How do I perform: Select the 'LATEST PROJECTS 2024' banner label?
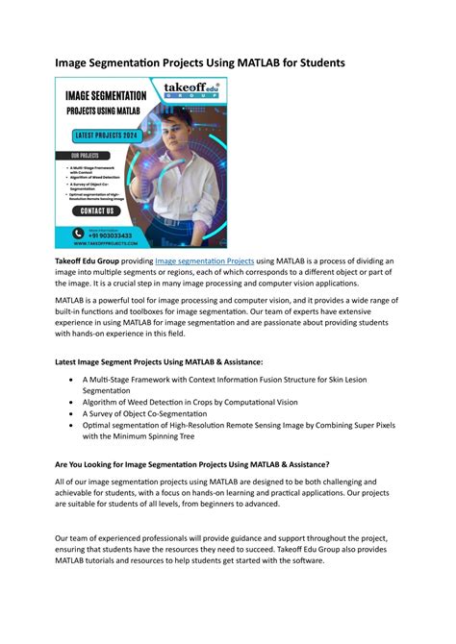point(103,136)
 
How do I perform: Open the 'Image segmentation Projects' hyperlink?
point(205,261)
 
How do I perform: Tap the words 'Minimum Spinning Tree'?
point(161,436)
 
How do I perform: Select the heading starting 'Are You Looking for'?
point(191,463)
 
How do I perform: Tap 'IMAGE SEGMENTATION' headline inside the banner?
point(105,96)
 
